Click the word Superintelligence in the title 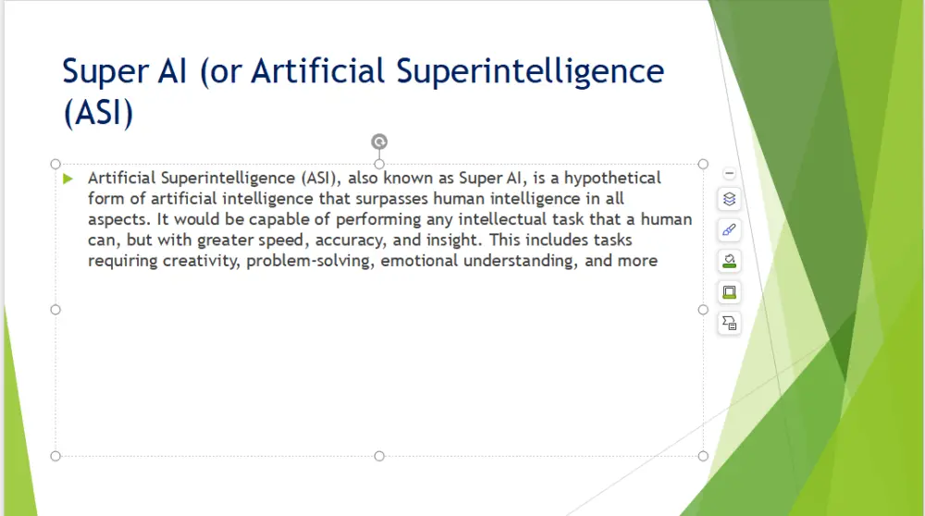coord(530,72)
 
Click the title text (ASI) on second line coord(99,112)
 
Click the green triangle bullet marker coord(68,178)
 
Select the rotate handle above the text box coord(379,141)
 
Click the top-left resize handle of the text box coord(55,164)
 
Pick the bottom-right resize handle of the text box coord(703,456)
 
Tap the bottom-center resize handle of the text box coord(379,456)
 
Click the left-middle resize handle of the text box coord(55,310)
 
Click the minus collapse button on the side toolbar coord(729,173)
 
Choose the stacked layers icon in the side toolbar coord(729,200)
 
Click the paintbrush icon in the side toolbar coord(729,230)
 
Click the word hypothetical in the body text coord(612,178)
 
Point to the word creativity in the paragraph coord(202,261)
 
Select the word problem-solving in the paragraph coord(310,261)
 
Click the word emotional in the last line coord(419,261)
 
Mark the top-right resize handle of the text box coord(703,164)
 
